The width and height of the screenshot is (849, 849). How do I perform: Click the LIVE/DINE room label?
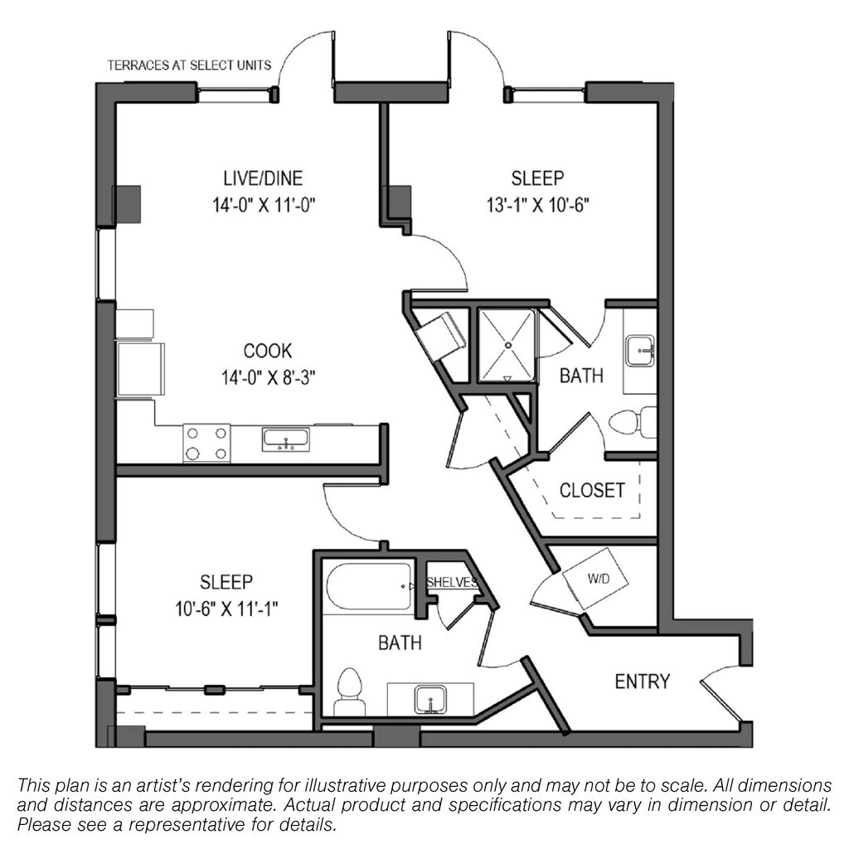point(263,178)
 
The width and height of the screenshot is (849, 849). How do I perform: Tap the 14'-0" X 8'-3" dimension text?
point(268,377)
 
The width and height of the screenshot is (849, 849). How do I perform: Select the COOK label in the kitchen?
point(268,351)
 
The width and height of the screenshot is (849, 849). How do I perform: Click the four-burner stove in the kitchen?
point(206,443)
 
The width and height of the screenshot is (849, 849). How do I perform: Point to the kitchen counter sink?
point(286,439)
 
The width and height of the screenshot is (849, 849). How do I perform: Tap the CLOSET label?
point(592,491)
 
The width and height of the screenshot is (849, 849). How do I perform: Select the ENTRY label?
point(643,682)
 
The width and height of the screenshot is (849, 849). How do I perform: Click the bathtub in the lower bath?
point(369,587)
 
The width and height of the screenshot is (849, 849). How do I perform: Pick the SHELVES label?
point(453,582)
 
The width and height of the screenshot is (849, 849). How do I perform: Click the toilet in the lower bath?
point(349,691)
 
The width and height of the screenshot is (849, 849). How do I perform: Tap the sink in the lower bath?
point(430,700)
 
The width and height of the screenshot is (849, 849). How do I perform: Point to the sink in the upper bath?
point(640,351)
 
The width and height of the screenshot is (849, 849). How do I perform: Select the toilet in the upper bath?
point(633,422)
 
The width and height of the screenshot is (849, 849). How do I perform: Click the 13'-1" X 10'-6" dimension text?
point(537,206)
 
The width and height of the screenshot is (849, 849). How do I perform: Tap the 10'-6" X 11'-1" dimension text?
point(226,609)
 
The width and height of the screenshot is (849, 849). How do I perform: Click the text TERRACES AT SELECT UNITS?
point(189,65)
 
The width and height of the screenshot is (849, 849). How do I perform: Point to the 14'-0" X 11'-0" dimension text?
point(264,206)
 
